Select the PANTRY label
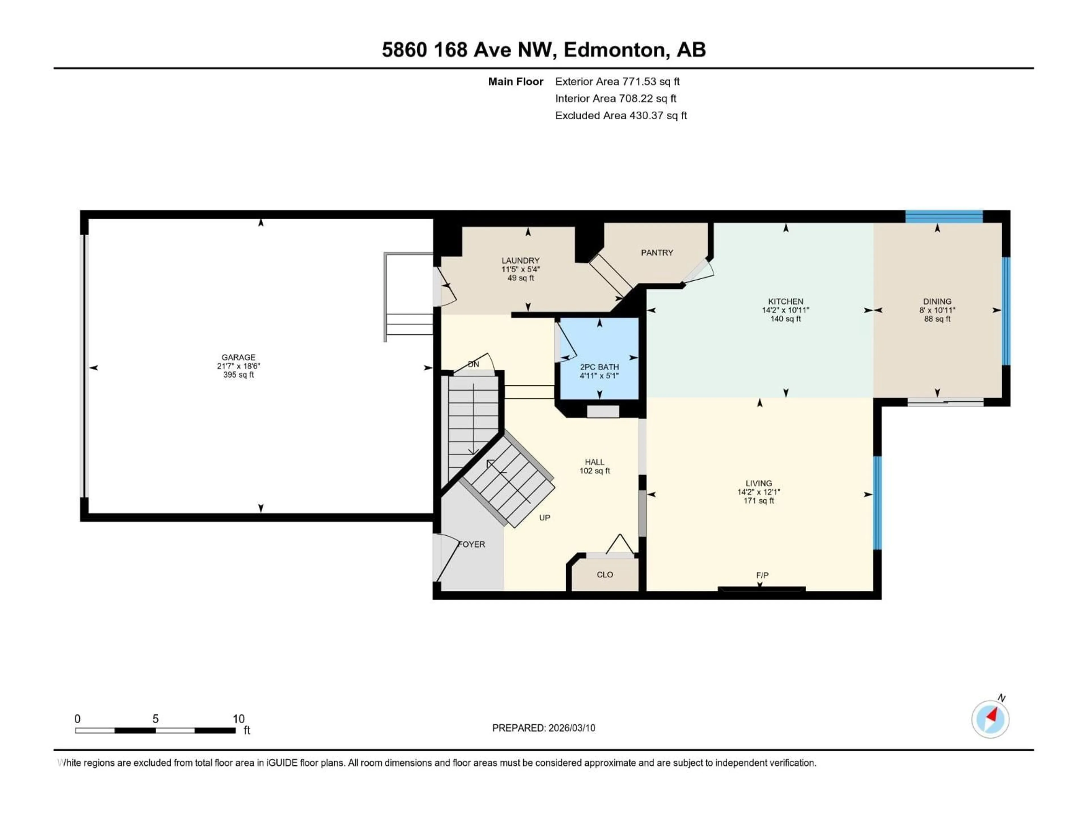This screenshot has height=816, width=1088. click(657, 252)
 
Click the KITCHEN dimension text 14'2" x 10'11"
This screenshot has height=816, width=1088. click(785, 310)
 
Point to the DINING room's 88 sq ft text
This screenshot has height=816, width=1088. click(937, 319)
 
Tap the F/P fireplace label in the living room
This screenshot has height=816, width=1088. click(762, 575)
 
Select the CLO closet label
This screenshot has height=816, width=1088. click(605, 575)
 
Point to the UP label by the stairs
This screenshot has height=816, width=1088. click(545, 517)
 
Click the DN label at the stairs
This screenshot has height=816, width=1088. click(473, 364)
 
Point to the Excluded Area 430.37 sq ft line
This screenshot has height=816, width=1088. click(621, 116)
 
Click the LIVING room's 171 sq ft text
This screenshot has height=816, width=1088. click(758, 501)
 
